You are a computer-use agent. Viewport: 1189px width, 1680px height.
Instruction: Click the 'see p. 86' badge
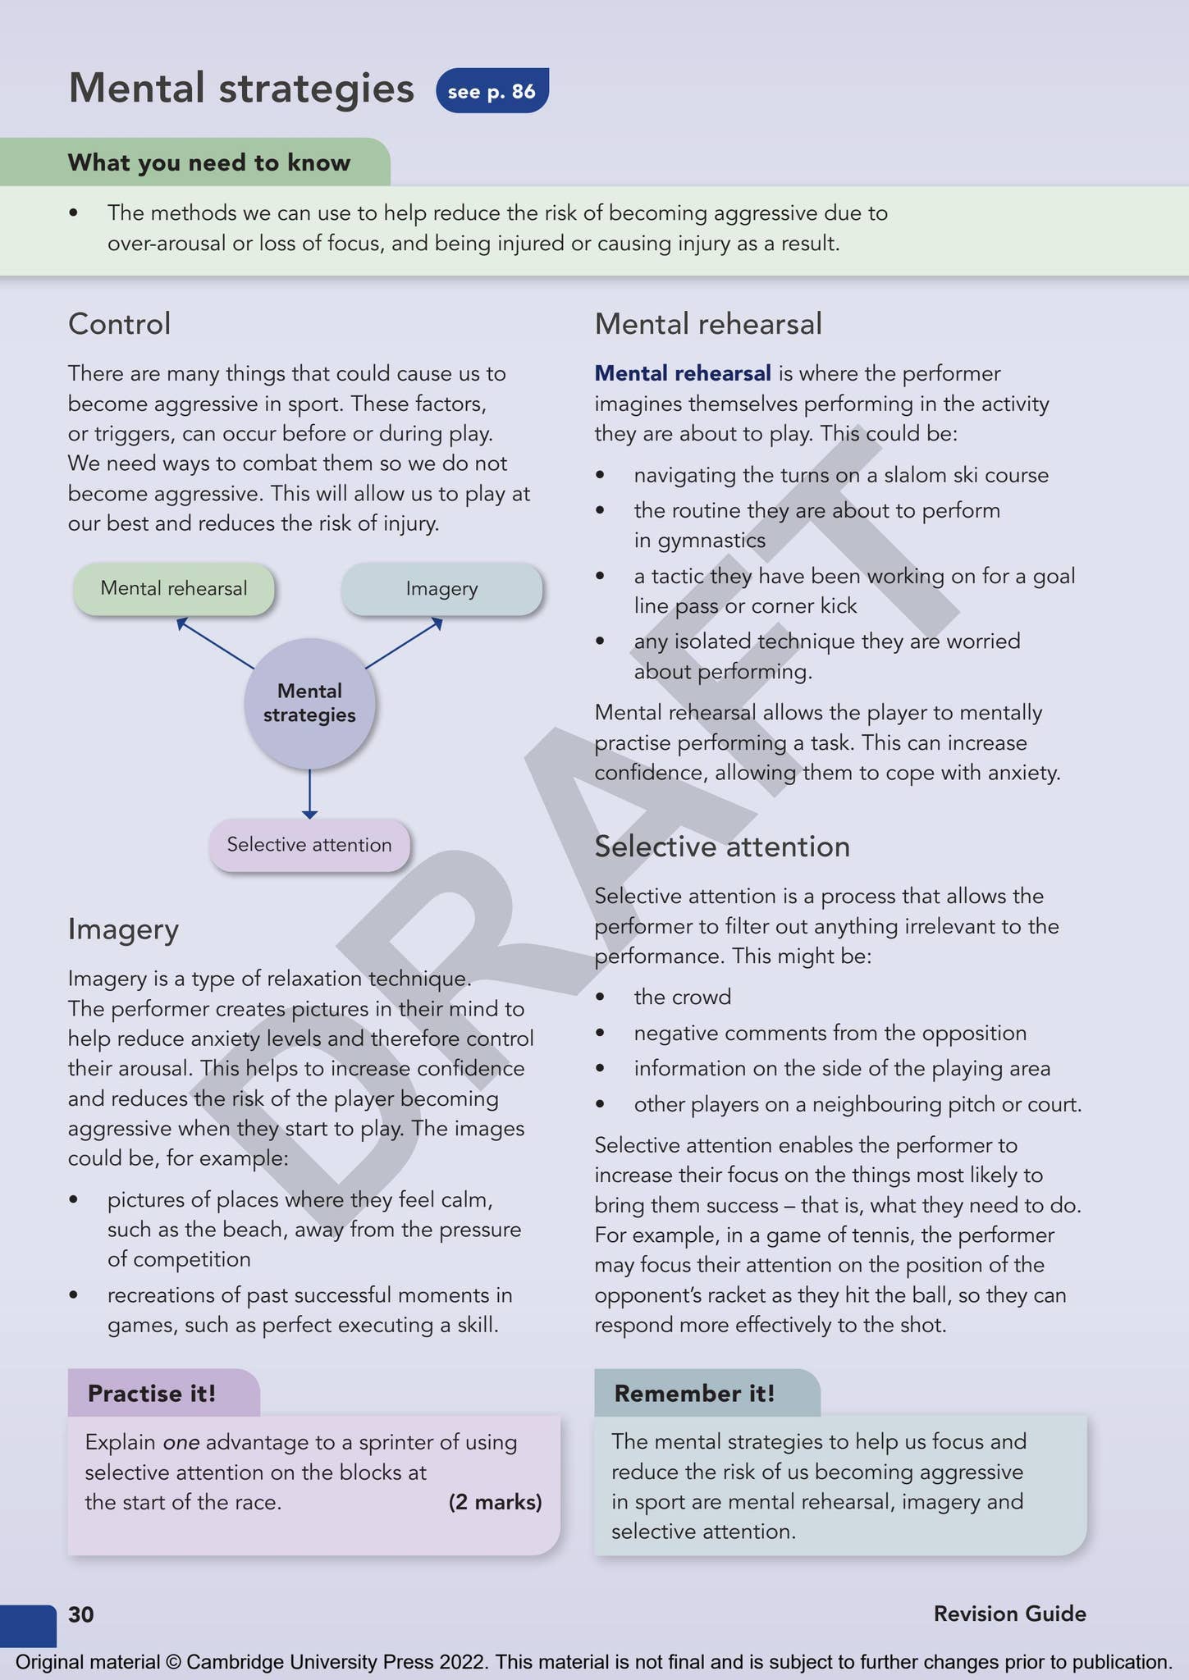click(x=492, y=90)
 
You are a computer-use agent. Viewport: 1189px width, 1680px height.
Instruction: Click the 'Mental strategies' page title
click(x=241, y=89)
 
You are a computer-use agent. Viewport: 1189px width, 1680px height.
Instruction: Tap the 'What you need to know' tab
click(x=209, y=162)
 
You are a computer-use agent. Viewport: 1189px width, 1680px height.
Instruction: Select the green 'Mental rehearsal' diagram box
click(x=173, y=588)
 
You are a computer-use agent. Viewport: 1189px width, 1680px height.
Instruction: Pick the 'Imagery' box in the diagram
click(x=441, y=588)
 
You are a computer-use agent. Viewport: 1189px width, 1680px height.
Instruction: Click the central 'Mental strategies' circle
click(x=309, y=703)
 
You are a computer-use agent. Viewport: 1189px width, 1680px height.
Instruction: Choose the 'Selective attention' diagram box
click(x=309, y=845)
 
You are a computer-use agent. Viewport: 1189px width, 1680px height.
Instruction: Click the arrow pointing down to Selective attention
click(x=309, y=793)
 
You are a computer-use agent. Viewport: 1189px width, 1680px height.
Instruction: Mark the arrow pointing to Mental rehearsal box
click(x=215, y=643)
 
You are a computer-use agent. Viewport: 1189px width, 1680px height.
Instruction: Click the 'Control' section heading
click(x=119, y=324)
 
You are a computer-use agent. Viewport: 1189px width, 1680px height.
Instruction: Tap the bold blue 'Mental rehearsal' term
click(x=682, y=373)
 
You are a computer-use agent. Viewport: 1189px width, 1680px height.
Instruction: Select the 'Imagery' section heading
click(x=123, y=929)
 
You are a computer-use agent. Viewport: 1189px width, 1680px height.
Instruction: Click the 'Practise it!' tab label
click(x=152, y=1393)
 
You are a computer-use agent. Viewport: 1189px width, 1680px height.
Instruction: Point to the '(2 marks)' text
click(x=495, y=1502)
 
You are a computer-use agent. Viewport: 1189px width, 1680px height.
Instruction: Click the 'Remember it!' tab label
click(x=694, y=1393)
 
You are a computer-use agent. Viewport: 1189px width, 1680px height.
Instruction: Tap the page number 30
click(x=81, y=1614)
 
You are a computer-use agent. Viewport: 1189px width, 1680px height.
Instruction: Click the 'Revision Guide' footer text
click(x=1009, y=1614)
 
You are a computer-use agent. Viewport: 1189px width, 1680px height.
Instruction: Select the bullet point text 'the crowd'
click(x=682, y=997)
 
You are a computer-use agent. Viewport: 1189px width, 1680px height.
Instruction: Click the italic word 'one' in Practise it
click(x=181, y=1442)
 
